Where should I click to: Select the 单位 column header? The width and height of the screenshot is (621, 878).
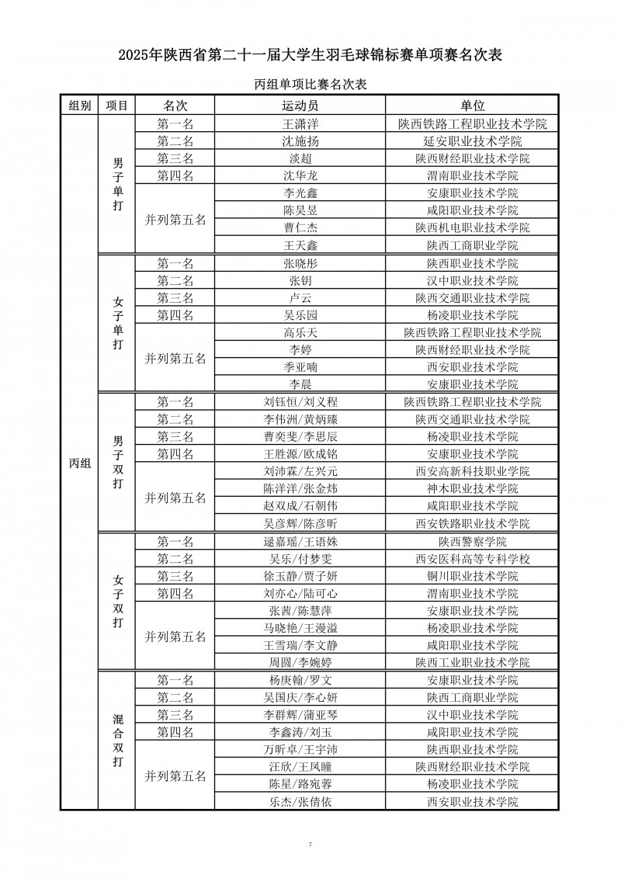point(472,106)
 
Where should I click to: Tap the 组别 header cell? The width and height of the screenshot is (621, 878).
point(79,106)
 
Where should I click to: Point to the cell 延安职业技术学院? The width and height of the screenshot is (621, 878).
point(472,141)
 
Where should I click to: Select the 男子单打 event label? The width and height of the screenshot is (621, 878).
point(117,185)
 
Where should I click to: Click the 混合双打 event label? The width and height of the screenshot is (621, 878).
point(117,741)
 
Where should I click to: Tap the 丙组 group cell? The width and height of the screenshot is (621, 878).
point(79,463)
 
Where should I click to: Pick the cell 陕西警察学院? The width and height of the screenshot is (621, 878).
point(472,541)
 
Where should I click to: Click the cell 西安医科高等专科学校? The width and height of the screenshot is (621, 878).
point(472,559)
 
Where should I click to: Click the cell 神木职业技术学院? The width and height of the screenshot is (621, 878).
point(472,489)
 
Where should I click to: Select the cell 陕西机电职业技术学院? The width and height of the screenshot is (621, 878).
point(472,227)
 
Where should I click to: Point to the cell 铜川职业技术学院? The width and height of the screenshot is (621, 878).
point(472,576)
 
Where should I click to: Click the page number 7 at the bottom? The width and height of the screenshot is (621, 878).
point(310,844)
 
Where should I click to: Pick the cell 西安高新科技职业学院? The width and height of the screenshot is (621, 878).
point(472,471)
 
